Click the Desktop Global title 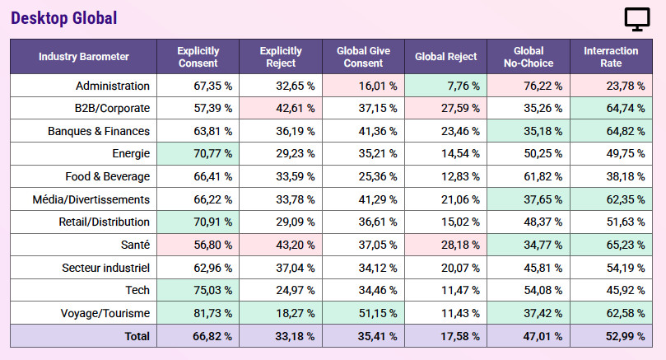coord(63,18)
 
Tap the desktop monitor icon coord(636,19)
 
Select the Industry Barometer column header coord(84,57)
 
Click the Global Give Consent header coord(363,57)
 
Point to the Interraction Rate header coord(611,57)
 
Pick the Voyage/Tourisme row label coord(105,313)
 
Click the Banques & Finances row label coord(99,131)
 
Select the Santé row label coord(136,245)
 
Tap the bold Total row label coord(137,336)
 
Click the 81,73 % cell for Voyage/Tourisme coord(212,313)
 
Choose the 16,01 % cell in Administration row coord(378,86)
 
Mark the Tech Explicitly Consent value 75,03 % coord(212,290)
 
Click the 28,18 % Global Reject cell coord(460,245)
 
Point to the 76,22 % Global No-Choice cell coord(543,86)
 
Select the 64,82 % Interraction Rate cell coord(625,131)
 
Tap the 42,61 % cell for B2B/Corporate coord(296,109)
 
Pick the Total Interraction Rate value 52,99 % coord(625,336)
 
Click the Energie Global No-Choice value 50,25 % coord(543,153)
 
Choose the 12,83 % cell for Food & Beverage coord(460,176)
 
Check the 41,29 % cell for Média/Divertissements coord(378,199)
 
